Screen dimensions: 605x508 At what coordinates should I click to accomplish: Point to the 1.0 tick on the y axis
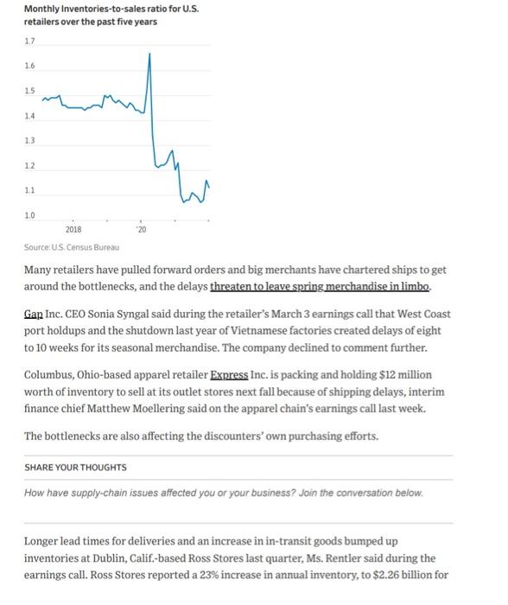30,213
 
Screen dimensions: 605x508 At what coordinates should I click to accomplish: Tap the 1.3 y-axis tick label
30,139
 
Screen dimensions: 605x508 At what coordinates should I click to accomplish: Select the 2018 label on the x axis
73,229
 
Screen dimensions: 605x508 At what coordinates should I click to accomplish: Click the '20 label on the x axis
141,229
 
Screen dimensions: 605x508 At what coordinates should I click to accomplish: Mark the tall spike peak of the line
149,54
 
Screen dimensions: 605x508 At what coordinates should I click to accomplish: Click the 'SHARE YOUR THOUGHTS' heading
76,467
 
